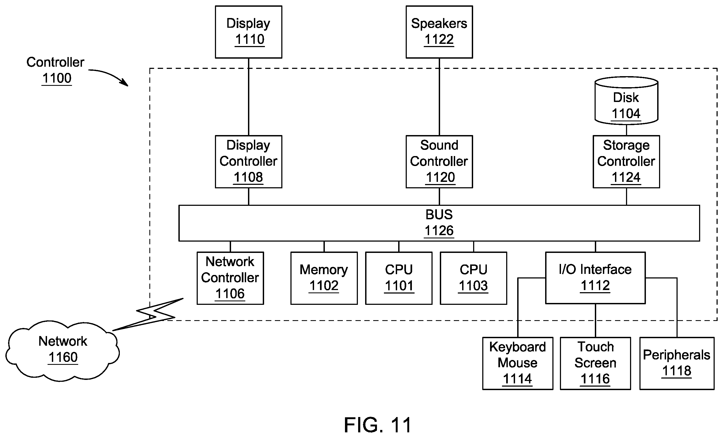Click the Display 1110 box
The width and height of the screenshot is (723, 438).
[249, 32]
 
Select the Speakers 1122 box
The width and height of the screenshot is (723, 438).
[439, 32]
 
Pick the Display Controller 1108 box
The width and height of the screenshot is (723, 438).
[249, 162]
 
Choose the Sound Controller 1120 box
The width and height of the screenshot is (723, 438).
[439, 162]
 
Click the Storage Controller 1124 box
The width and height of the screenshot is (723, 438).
[627, 162]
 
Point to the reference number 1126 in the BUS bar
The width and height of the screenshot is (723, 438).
[439, 231]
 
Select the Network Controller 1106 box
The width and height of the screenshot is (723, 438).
[230, 278]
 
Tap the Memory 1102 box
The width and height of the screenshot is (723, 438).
[324, 278]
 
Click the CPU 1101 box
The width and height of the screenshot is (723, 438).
[399, 278]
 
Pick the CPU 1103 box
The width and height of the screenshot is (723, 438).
[474, 278]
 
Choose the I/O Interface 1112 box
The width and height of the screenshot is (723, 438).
[595, 278]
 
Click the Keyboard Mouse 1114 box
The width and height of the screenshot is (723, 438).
[518, 363]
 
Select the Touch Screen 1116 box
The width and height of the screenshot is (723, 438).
[595, 363]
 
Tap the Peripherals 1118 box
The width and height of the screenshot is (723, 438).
[677, 363]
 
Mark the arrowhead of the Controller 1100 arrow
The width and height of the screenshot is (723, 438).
[126, 84]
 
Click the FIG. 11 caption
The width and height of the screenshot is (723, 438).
[378, 425]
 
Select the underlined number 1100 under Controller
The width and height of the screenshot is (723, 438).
[57, 78]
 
